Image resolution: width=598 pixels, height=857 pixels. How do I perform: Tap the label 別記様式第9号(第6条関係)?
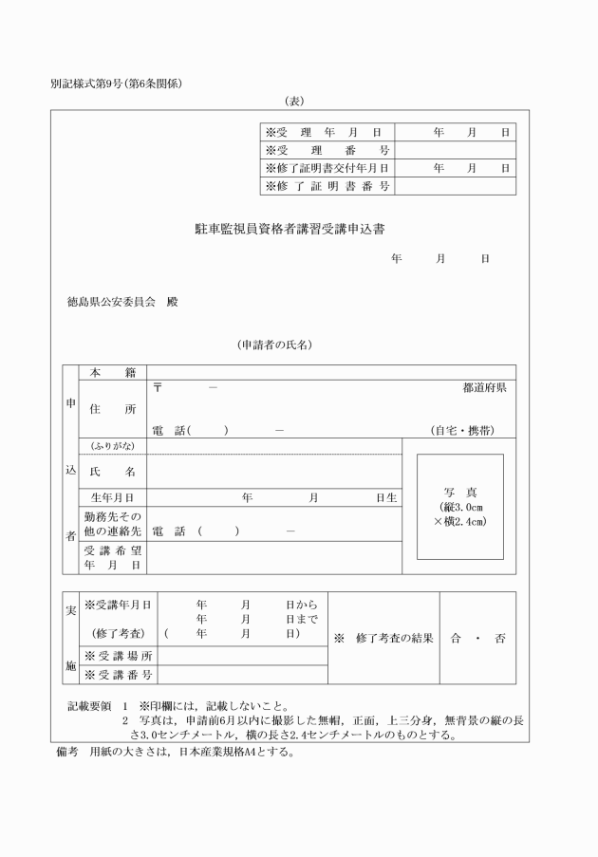(117, 84)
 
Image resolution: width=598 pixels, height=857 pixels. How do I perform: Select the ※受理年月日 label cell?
(327, 133)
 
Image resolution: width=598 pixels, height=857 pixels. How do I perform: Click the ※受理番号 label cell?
(327, 151)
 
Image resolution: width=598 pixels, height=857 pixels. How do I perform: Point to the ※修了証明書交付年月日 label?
(327, 168)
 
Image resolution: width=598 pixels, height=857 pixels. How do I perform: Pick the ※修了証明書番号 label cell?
(327, 186)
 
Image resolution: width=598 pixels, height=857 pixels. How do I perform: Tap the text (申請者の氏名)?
(275, 345)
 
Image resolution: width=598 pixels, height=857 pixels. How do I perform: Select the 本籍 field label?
(112, 372)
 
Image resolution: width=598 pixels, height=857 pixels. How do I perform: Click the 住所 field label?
(112, 409)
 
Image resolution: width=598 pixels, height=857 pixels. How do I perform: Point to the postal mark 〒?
(158, 388)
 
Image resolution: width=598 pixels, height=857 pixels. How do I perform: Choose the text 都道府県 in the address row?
(484, 388)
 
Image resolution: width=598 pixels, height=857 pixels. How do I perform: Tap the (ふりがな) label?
(112, 446)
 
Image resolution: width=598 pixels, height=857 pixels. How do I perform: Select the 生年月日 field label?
(112, 496)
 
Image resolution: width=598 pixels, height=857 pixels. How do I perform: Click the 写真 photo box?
(459, 507)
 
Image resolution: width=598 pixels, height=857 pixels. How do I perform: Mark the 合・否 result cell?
(477, 639)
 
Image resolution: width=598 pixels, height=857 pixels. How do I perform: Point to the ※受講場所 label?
(119, 657)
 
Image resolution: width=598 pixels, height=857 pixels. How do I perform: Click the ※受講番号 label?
(119, 675)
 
